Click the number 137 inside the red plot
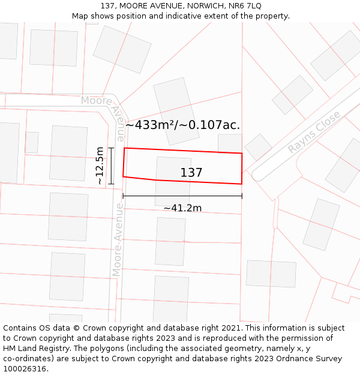[x=191, y=173]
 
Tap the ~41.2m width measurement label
[x=182, y=208]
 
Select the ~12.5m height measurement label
[x=100, y=166]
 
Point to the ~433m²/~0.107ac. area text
[x=183, y=125]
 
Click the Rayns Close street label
[x=314, y=132]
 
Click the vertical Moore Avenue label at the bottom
[x=118, y=240]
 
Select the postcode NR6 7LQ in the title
[x=245, y=6]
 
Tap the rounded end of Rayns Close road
[x=257, y=175]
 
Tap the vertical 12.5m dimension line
[x=111, y=166]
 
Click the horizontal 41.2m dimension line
[x=182, y=196]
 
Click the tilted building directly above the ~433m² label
[x=176, y=111]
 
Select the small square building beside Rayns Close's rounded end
[x=259, y=147]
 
